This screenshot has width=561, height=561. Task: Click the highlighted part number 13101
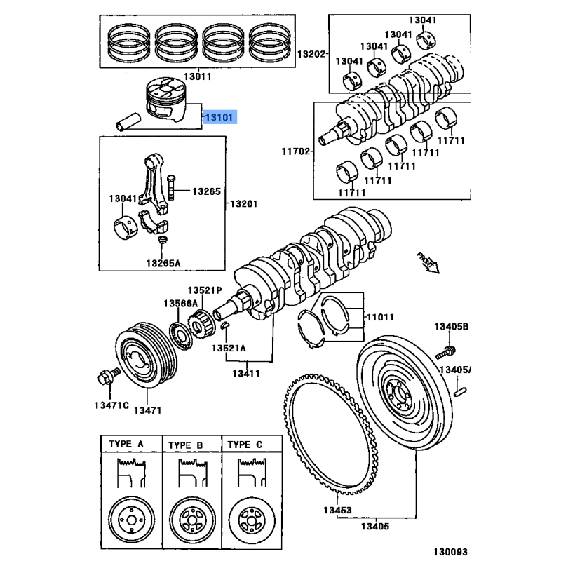pos(220,117)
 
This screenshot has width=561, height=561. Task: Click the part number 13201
pos(245,204)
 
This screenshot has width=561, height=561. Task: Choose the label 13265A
pos(163,263)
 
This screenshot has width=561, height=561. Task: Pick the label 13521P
pos(204,290)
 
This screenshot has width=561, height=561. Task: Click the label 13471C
pos(111,405)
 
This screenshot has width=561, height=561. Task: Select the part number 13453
pos(338,510)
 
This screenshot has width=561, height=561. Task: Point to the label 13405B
pos(450,327)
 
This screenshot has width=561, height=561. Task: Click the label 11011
pos(380,316)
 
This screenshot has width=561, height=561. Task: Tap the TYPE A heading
pos(126,445)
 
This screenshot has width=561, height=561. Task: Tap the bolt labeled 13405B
pos(448,350)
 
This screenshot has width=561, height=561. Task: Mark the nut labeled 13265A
pos(162,243)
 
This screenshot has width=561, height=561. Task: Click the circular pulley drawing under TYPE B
pos(191,520)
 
